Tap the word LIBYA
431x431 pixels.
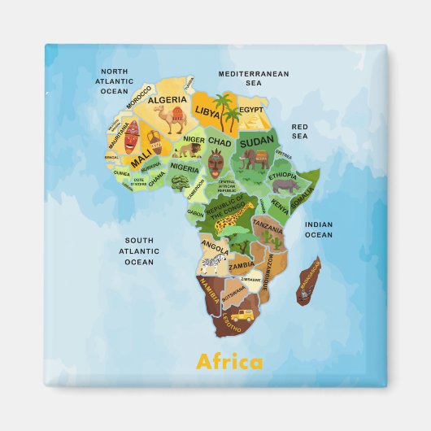pyautogui.click(x=207, y=109)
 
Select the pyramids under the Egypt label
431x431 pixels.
pyautogui.click(x=253, y=122)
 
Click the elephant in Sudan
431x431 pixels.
pyautogui.click(x=255, y=160)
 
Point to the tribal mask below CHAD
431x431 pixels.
pyautogui.click(x=215, y=168)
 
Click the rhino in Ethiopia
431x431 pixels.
pyautogui.click(x=286, y=186)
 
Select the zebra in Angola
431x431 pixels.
pyautogui.click(x=214, y=262)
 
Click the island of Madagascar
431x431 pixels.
pyautogui.click(x=308, y=280)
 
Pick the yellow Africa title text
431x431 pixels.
pyautogui.click(x=229, y=362)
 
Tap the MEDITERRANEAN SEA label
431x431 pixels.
pyautogui.click(x=254, y=78)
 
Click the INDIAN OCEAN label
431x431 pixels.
pyautogui.click(x=318, y=229)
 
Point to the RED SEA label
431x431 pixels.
pyautogui.click(x=300, y=132)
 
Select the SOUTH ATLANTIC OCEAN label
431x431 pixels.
pyautogui.click(x=139, y=250)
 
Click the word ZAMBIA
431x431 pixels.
pyautogui.click(x=241, y=266)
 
